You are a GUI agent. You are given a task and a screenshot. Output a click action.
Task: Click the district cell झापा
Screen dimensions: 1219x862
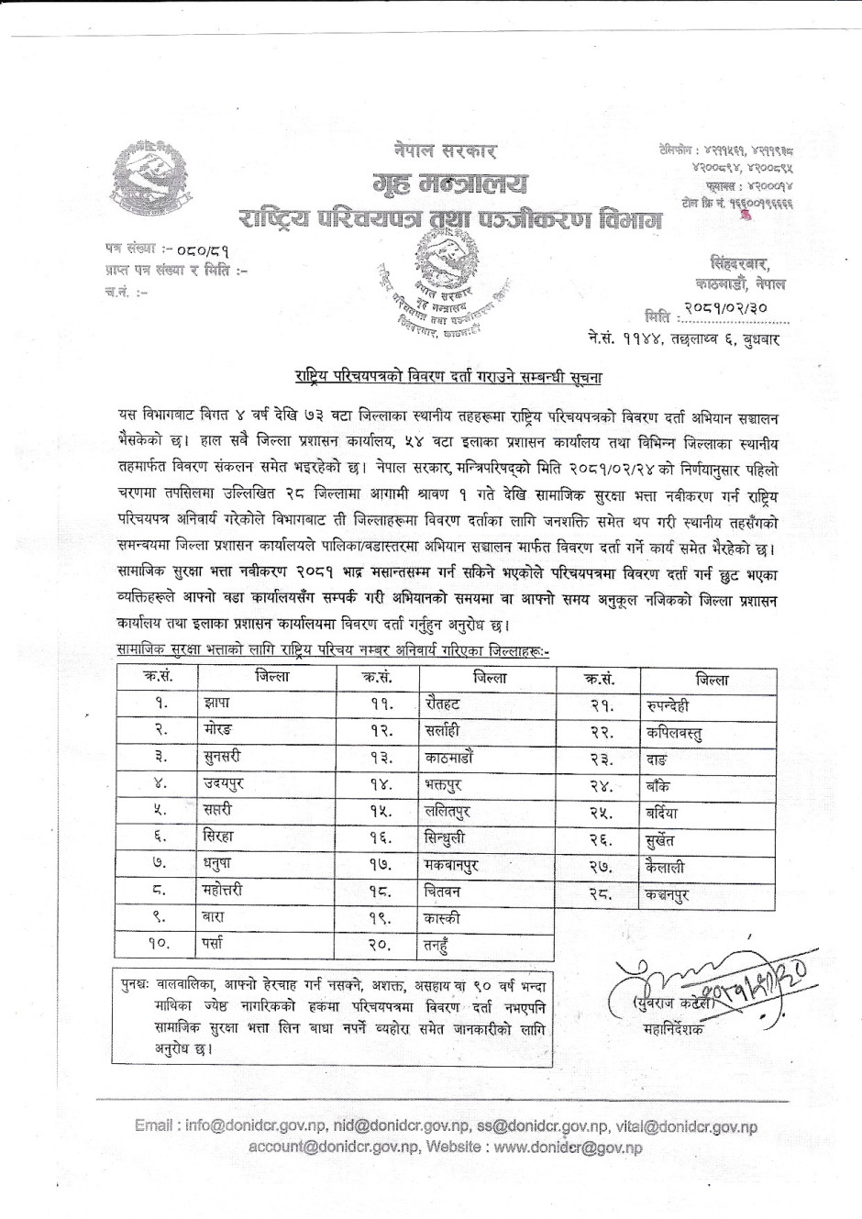point(218,704)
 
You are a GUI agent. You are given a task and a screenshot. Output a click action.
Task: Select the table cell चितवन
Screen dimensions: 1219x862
point(443,891)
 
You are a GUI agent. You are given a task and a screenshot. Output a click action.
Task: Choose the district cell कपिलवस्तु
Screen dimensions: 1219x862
point(674,734)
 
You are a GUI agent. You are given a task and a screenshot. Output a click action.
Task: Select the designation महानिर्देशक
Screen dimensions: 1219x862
point(674,1030)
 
